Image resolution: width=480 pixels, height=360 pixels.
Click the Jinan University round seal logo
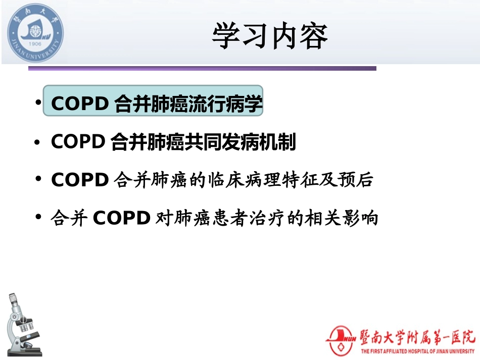(35, 33)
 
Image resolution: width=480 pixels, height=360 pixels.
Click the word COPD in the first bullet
(79, 104)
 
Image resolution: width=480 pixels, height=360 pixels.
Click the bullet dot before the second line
(37, 143)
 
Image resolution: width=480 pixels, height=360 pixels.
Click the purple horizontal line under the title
(202, 68)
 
